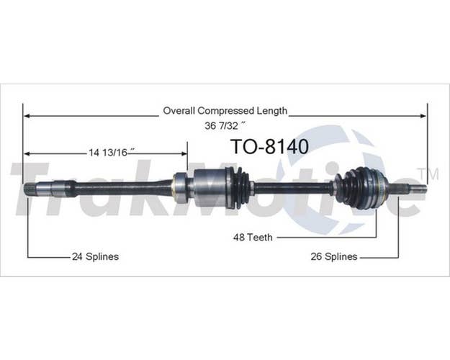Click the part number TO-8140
269,146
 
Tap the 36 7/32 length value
225,125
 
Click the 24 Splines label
95,256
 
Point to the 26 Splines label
334,256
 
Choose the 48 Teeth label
253,238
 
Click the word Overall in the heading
179,111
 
